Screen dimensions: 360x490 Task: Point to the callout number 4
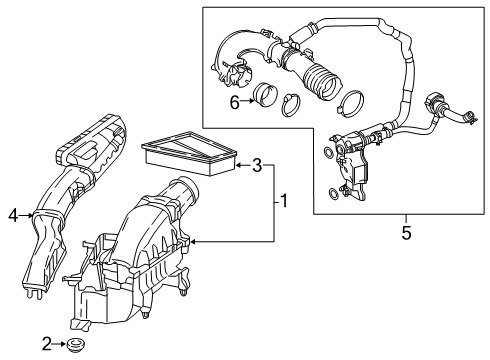click(x=12, y=212)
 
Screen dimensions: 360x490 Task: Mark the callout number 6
click(x=234, y=103)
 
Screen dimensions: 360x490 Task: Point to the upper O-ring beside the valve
click(x=328, y=152)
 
